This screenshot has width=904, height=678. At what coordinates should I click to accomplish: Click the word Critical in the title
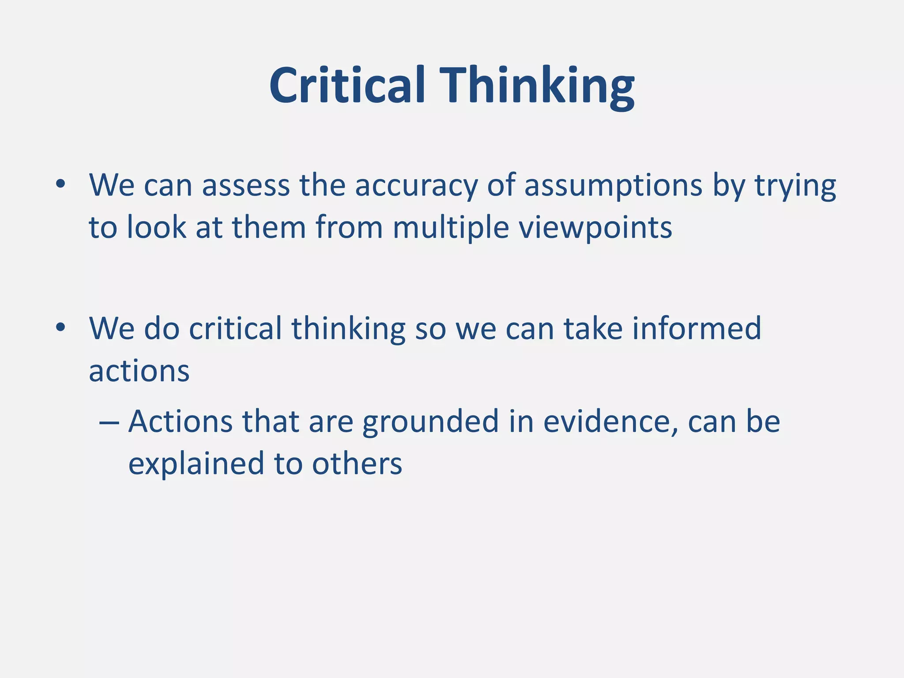click(x=347, y=85)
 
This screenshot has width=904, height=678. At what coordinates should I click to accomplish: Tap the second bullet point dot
click(x=60, y=328)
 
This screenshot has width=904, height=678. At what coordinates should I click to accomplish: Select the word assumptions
click(x=613, y=185)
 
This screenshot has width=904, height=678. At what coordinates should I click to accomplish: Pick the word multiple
click(x=451, y=228)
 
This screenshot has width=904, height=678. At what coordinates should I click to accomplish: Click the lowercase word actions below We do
click(x=139, y=371)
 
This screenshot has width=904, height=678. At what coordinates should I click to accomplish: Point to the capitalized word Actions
click(x=180, y=421)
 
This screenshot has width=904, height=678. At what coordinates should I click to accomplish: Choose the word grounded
click(x=430, y=422)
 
